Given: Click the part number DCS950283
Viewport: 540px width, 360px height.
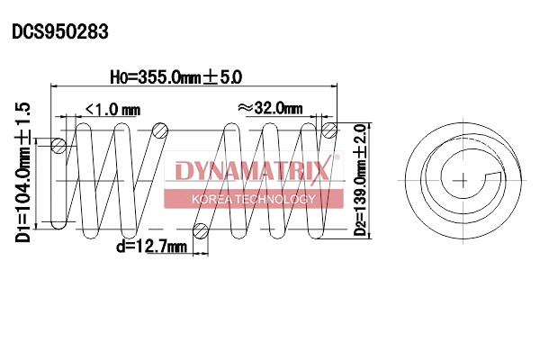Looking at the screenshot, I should coord(60,32).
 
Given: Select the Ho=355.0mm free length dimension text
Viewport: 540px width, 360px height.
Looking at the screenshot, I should coord(161,78).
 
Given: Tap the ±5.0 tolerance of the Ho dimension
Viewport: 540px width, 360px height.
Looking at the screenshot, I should coord(223,78).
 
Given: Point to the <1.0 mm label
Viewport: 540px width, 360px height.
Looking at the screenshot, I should coord(112,109).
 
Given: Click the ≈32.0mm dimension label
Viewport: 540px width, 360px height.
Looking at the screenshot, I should coord(269,107).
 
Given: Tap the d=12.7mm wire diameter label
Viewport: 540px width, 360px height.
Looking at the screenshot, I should coord(150,246).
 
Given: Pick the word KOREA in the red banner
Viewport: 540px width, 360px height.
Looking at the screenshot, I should coord(214,199).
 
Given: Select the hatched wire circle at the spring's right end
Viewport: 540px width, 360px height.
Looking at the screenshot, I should coord(329,132).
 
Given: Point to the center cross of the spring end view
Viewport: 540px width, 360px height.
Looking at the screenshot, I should coord(463,180).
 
